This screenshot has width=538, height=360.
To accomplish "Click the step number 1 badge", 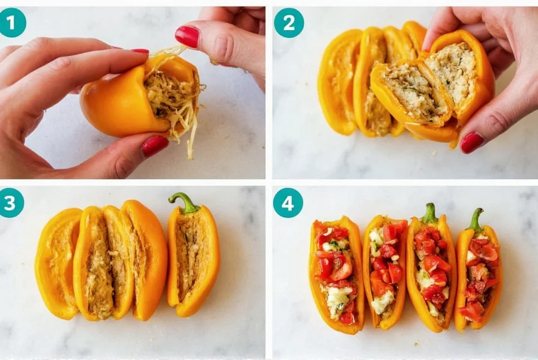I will tap(13, 23).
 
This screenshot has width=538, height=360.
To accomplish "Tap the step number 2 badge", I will tap(288, 23).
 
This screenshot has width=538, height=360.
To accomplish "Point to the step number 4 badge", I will tap(288, 203).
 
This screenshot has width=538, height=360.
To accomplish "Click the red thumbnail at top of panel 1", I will tap(187, 37).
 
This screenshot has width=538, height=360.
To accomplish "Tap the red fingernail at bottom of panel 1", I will tap(155, 146).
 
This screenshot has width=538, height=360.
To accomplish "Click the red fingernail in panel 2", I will tap(472, 142).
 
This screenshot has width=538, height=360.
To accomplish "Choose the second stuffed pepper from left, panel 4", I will tap(385, 273).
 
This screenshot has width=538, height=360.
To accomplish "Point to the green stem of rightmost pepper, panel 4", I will tap(476, 220).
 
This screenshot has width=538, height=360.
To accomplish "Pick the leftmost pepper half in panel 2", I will tap(339, 84).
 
